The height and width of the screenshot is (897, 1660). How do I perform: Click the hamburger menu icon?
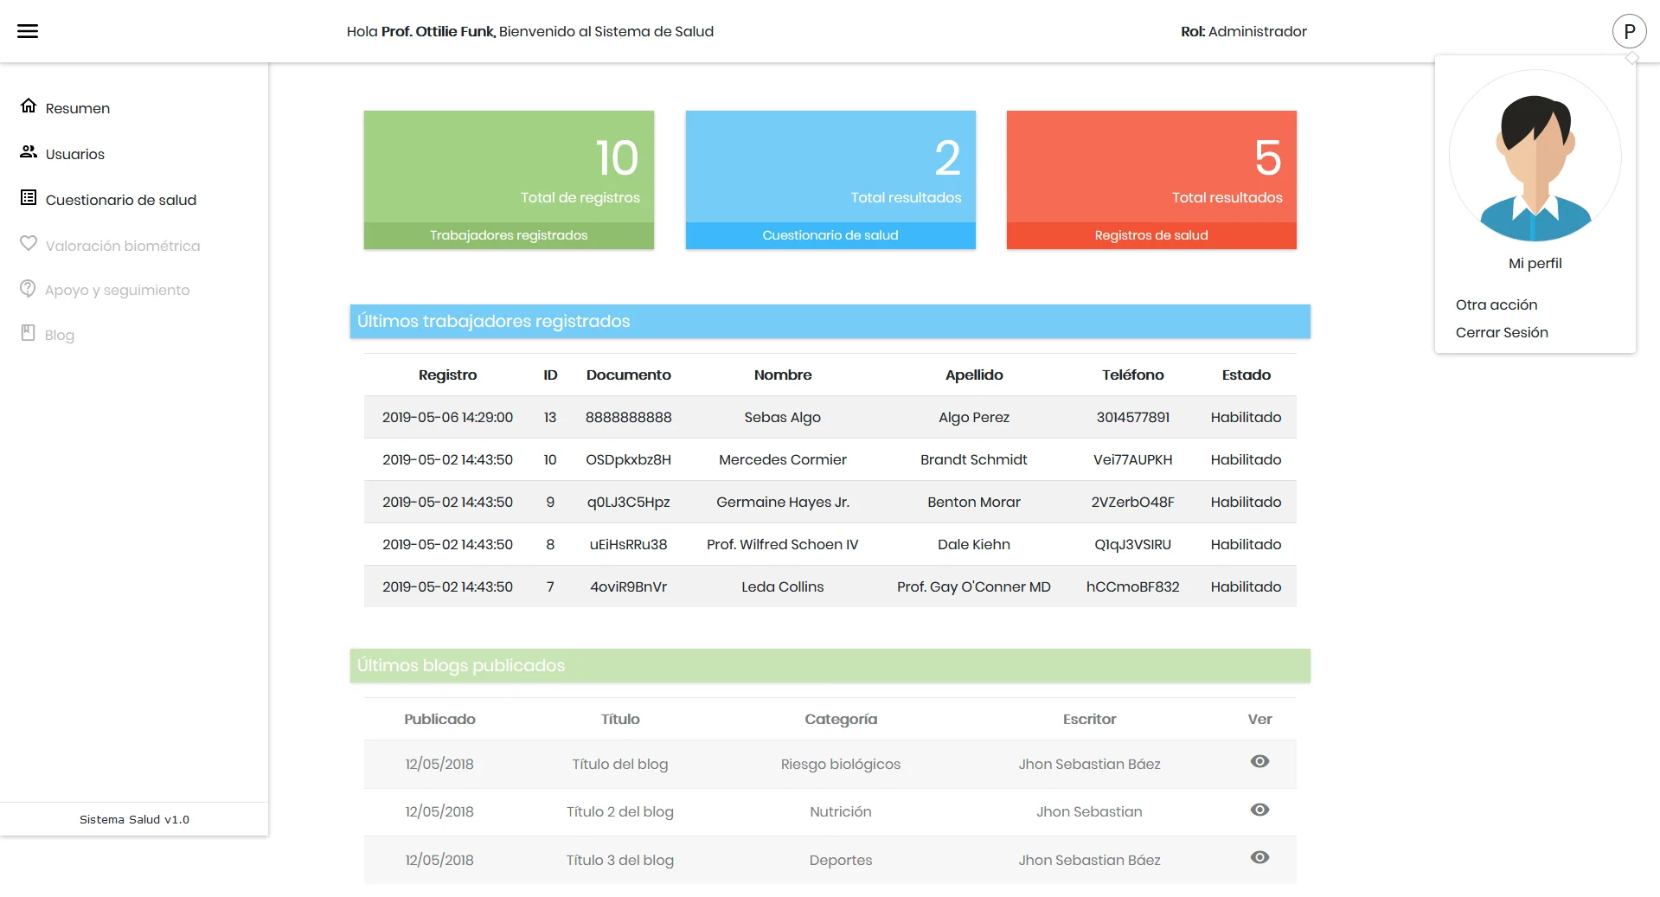(x=28, y=31)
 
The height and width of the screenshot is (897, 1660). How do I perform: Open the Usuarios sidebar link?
(x=74, y=154)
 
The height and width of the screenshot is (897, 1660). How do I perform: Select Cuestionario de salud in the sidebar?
(x=120, y=200)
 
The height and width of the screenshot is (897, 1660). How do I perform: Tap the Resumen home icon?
(x=29, y=106)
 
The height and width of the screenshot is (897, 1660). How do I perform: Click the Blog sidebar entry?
(x=59, y=335)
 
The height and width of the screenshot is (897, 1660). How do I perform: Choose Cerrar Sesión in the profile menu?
(x=1501, y=332)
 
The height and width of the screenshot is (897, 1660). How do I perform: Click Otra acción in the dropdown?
(x=1496, y=304)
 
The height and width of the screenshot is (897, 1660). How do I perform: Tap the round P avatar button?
(x=1629, y=31)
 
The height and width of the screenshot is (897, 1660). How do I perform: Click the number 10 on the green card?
(x=617, y=158)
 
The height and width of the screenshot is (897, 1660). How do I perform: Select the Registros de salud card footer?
(x=1150, y=235)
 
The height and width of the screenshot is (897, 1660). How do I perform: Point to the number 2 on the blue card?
(x=947, y=158)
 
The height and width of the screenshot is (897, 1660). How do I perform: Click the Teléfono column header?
(x=1132, y=375)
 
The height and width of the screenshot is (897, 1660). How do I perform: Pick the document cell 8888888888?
(x=628, y=417)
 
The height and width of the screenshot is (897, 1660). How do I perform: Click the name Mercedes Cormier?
(x=782, y=459)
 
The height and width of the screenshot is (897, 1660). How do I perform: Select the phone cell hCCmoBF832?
(x=1132, y=586)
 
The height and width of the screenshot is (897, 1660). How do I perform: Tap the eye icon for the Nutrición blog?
(x=1259, y=810)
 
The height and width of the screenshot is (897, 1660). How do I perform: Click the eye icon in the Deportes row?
(x=1259, y=857)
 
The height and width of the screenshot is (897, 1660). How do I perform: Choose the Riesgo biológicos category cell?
(x=840, y=764)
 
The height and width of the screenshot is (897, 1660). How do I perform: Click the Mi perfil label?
(x=1535, y=263)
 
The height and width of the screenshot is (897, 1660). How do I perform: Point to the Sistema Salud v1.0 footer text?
(x=134, y=819)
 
